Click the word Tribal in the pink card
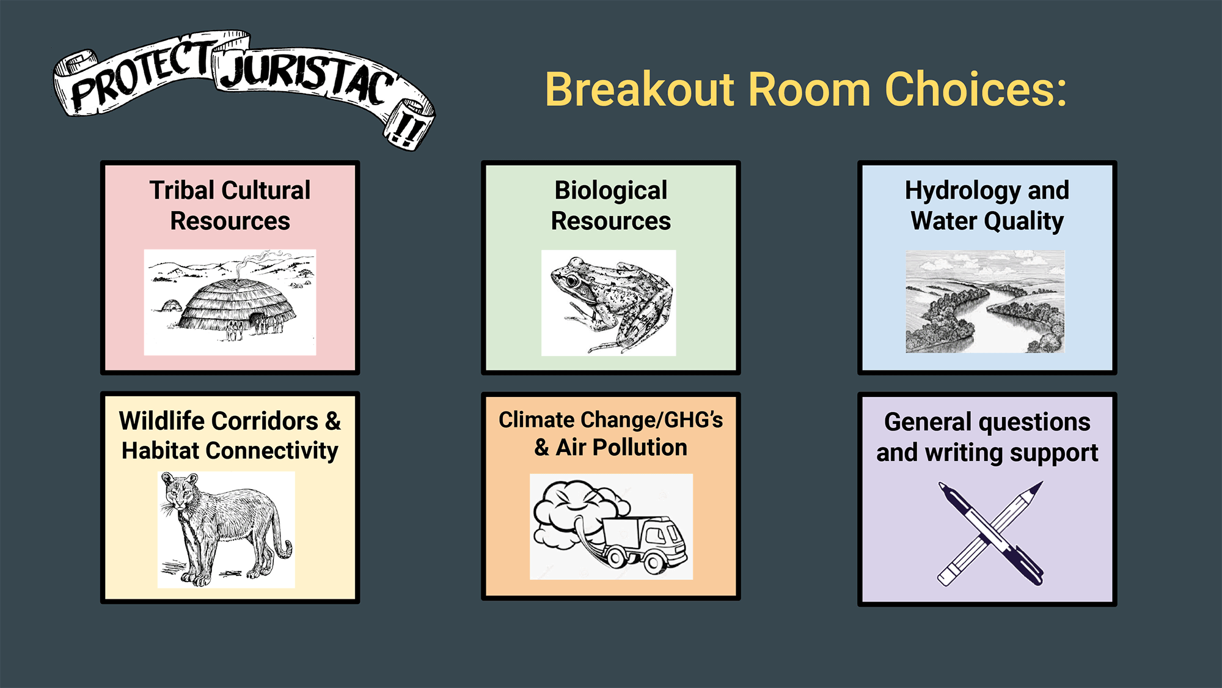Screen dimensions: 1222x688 click(181, 190)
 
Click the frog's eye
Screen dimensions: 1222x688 click(572, 281)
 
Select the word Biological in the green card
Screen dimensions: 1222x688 click(611, 191)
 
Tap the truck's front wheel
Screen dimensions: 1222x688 click(654, 562)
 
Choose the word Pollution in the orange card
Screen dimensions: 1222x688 click(640, 448)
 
